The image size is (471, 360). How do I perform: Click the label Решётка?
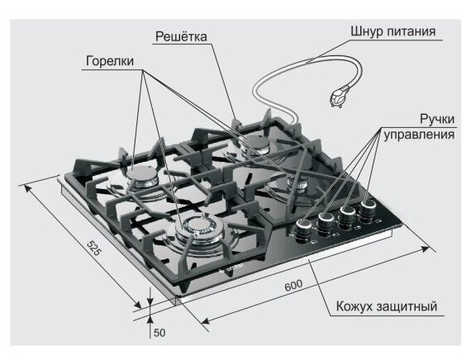point(181,36)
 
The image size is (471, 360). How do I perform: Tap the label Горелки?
point(110,61)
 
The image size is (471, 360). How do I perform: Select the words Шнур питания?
point(393,31)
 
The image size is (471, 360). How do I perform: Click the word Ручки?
point(437,119)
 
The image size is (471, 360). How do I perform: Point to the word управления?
point(419,135)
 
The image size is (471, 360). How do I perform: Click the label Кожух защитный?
point(386,306)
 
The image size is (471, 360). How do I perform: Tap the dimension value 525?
point(93,248)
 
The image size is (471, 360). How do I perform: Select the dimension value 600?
point(293,285)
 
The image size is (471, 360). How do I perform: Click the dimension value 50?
point(159,333)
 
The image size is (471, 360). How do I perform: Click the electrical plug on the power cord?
point(340,96)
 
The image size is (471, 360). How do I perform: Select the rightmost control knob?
point(368,211)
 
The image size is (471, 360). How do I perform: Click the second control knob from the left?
point(326,224)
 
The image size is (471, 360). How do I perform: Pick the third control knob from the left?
point(347,217)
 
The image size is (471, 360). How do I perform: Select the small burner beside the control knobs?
point(298,182)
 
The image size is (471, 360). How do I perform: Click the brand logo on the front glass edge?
point(232,268)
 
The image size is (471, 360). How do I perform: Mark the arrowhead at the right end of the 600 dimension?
point(425,249)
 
